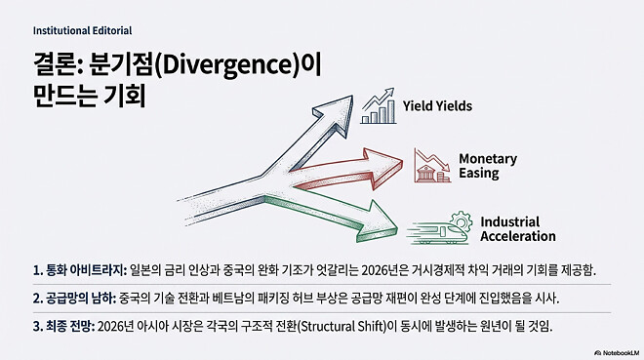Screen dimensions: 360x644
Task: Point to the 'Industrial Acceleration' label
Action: (516, 229)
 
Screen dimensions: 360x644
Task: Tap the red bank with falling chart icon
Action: (430, 165)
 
